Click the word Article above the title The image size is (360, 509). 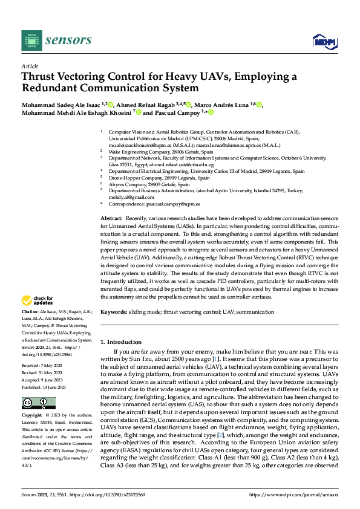(30, 66)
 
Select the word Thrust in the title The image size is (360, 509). (38, 77)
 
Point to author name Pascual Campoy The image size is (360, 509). (174, 112)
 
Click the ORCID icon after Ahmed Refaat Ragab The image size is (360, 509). (189, 104)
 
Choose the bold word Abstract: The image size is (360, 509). (111, 217)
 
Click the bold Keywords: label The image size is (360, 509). (114, 312)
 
